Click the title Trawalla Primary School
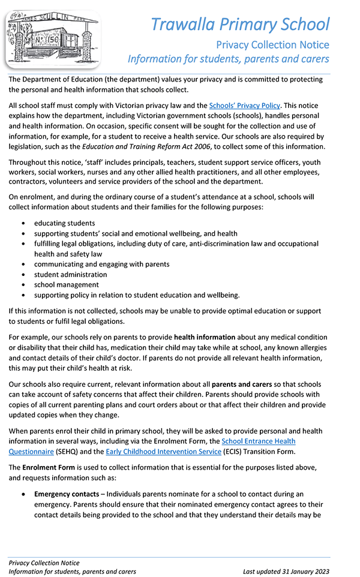pos(240,25)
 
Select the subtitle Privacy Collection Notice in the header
pos(272,45)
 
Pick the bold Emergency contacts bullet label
pos(67,494)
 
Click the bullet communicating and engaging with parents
pos(101,264)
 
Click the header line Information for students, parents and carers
pos(228,59)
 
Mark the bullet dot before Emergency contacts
pos(23,495)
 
